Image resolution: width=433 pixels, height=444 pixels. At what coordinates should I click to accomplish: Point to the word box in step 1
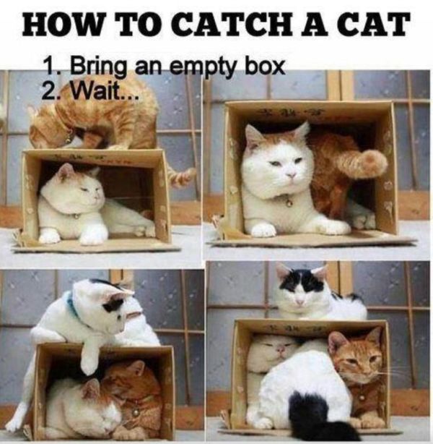[266, 66]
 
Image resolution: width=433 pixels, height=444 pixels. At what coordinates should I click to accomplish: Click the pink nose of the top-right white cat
[291, 174]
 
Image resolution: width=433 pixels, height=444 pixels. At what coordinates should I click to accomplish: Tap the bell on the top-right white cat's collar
[289, 202]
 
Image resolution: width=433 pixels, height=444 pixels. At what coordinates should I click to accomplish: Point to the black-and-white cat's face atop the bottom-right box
[300, 289]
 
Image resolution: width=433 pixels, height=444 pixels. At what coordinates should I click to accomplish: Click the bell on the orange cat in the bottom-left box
[136, 412]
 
